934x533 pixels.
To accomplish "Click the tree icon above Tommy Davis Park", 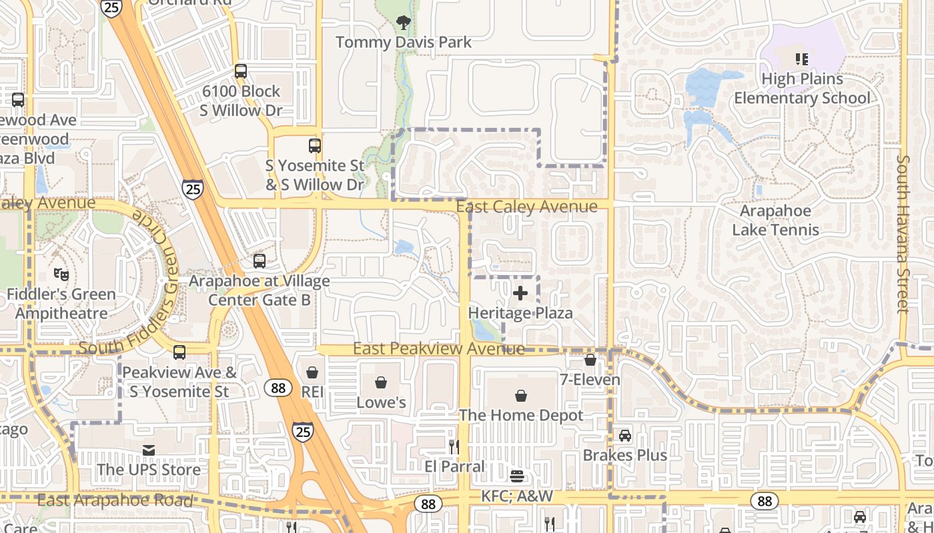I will pos(404,23).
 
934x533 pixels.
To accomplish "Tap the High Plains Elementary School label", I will pos(802,89).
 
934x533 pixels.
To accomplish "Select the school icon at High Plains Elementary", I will pos(802,59).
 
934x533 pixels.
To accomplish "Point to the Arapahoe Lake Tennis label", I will pos(775,221).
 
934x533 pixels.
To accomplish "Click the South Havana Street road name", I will pos(903,234).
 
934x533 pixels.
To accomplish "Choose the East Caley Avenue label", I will pos(526,207).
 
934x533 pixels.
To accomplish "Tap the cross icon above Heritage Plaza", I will pos(520,293).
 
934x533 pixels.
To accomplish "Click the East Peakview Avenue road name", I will pos(438,348).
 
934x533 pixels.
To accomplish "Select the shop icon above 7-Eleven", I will pos(590,360).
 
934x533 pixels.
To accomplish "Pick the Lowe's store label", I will pos(381,402).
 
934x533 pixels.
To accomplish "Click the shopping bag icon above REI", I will pos(312,372).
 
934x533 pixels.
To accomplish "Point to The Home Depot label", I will pos(521,415).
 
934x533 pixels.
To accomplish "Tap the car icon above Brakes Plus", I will pos(624,436).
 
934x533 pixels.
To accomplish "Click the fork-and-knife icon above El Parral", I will pos(454,446).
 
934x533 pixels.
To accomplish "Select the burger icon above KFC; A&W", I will pos(517,476).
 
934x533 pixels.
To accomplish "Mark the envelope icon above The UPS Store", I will pos(148,450).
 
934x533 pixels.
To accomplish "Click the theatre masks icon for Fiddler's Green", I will pos(61,274).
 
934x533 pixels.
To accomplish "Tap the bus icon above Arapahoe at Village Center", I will pos(259,261).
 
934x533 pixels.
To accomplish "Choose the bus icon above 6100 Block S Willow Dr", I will pos(241,71).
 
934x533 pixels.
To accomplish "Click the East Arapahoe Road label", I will pos(115,500).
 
